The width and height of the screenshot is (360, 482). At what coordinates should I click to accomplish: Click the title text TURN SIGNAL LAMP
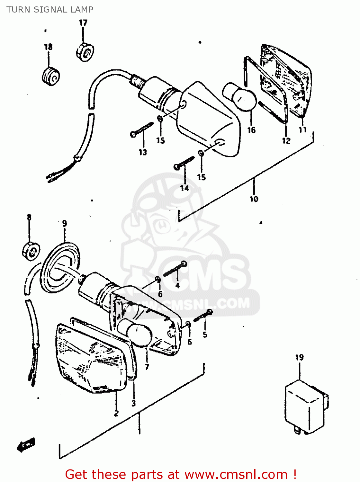tap(50, 10)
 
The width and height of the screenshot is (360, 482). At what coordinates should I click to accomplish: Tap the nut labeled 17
tap(85, 52)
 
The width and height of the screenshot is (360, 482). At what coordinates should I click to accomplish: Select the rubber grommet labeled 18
tap(51, 77)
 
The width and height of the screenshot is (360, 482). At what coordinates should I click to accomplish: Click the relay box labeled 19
tap(305, 406)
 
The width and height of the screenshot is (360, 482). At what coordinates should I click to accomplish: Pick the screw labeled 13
tap(142, 130)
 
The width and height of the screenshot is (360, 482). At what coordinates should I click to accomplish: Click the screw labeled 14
tap(184, 163)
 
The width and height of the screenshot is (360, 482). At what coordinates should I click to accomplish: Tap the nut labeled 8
tap(31, 251)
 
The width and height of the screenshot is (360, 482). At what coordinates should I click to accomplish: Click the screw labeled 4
tap(175, 269)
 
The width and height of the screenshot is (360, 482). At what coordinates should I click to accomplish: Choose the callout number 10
tap(254, 199)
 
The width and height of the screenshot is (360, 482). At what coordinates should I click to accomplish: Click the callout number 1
tap(139, 431)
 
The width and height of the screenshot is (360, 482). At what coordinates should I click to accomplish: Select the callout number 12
tap(286, 141)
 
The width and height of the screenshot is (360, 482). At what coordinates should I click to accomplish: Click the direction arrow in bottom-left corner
tap(26, 445)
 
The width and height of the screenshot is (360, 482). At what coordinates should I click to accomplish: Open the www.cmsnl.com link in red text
tap(236, 474)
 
